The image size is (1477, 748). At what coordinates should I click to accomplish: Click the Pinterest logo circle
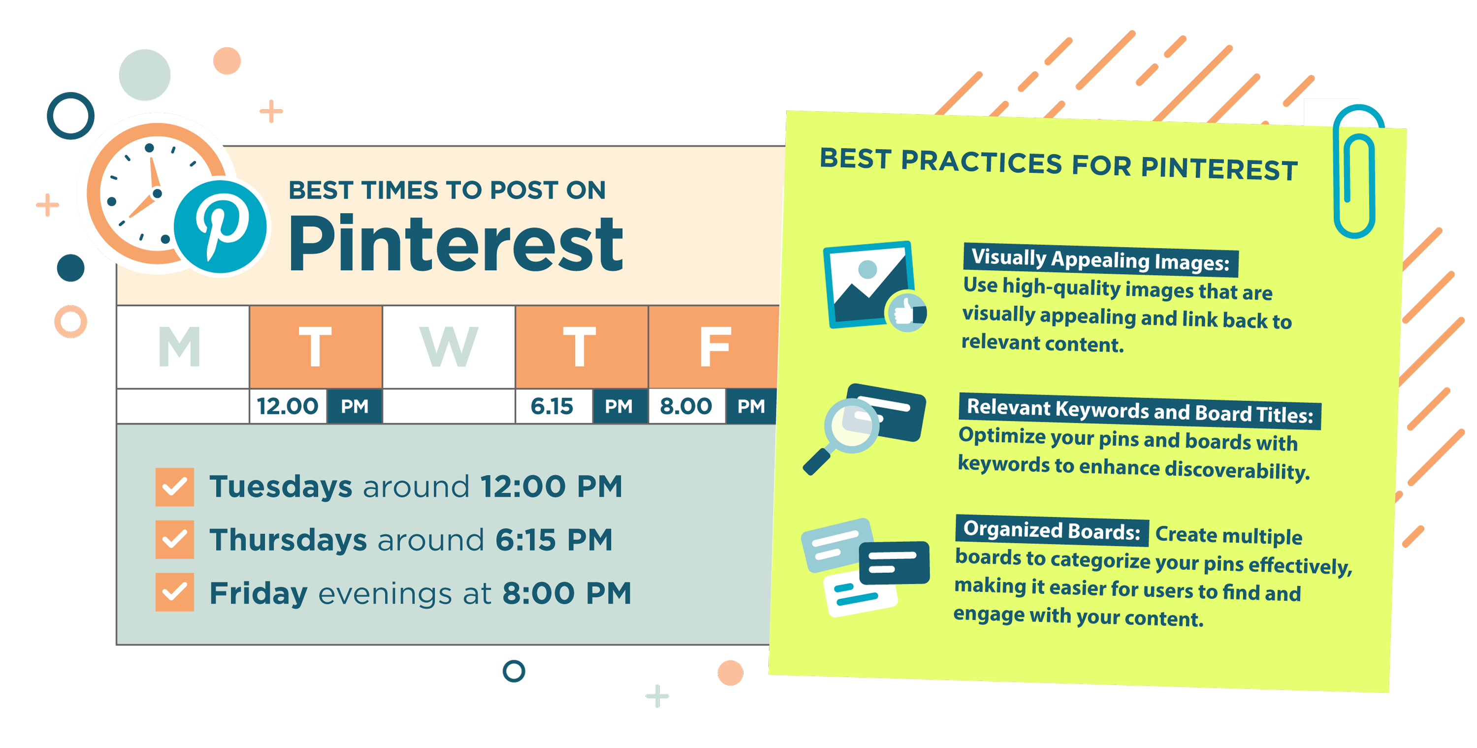(220, 227)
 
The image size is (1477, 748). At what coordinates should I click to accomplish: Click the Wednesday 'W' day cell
(449, 347)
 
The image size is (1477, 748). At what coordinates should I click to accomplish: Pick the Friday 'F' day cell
(714, 347)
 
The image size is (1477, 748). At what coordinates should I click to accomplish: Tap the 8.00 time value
(686, 406)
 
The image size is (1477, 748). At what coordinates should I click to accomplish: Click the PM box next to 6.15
(619, 406)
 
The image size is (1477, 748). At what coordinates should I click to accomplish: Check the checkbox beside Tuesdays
(174, 487)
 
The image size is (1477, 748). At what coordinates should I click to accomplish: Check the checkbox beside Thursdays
(174, 539)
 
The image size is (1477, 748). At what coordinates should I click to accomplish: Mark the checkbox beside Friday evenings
(174, 592)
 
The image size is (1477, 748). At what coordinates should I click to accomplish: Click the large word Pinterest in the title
(456, 244)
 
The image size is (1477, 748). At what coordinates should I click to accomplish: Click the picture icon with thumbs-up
(873, 286)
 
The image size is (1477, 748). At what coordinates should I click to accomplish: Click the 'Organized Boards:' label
(1052, 530)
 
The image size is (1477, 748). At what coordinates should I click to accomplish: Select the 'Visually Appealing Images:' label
(1100, 260)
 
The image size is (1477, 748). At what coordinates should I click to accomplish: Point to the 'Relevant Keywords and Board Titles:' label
(1140, 411)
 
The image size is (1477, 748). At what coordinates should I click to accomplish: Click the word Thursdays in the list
(288, 540)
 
